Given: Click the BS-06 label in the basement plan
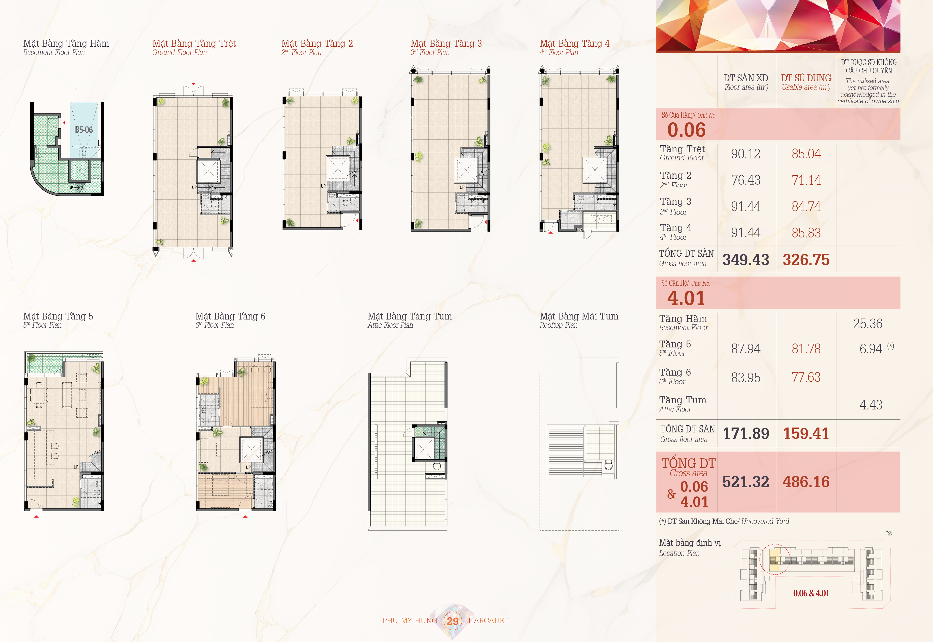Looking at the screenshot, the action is [x=84, y=130].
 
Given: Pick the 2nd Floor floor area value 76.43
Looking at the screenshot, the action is [x=746, y=180].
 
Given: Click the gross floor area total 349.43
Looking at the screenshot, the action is [x=746, y=259].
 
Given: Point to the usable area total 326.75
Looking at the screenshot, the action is [x=806, y=259].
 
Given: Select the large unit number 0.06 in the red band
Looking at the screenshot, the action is [x=686, y=130].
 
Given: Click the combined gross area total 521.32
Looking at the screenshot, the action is [x=746, y=482].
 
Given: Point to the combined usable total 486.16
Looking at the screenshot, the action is [x=806, y=482].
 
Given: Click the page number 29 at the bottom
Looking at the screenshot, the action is [x=452, y=621].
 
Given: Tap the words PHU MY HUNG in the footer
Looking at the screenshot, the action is [x=409, y=621].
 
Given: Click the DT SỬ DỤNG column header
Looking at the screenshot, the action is [x=806, y=78].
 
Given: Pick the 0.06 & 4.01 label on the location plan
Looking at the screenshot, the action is [x=811, y=593].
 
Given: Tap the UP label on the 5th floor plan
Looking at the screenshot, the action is [x=76, y=467].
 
